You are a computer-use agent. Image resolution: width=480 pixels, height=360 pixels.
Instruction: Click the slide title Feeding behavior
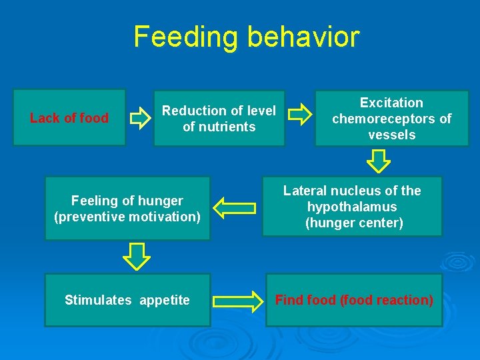(246, 37)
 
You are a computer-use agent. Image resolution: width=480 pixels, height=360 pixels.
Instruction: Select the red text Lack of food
(69, 119)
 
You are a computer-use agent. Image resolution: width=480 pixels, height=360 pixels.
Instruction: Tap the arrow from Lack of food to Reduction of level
(140, 119)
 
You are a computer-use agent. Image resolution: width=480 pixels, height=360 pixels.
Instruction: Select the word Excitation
(391, 103)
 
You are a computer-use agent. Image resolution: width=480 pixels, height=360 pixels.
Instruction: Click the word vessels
(391, 135)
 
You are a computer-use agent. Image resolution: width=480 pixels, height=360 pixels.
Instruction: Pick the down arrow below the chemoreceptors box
(379, 161)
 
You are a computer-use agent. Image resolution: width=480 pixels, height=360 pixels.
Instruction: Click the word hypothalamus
(352, 207)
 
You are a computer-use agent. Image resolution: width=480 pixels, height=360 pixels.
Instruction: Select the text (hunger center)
(354, 223)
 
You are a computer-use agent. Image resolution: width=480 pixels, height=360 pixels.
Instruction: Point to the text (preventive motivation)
(127, 217)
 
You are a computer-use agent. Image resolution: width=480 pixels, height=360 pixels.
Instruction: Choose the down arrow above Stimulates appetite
(137, 256)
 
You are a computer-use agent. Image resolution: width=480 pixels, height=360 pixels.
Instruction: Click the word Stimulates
(98, 300)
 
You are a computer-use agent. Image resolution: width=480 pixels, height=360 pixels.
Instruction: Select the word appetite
(165, 301)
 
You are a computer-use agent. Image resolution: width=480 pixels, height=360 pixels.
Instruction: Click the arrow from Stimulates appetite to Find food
(238, 301)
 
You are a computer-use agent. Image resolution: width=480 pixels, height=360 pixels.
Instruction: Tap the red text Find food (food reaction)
(354, 300)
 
